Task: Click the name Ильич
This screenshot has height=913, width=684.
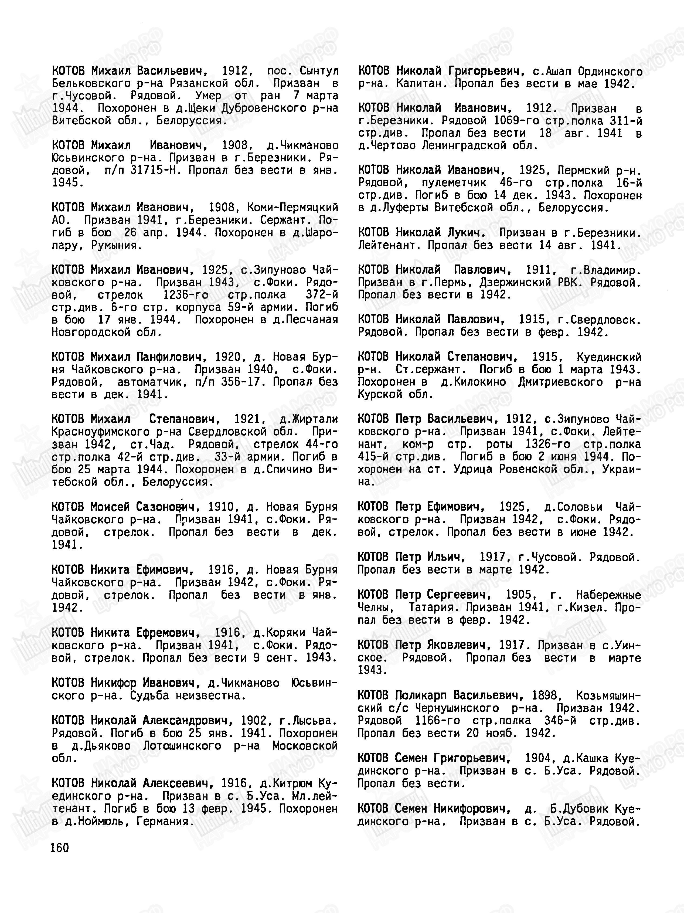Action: (x=447, y=557)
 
